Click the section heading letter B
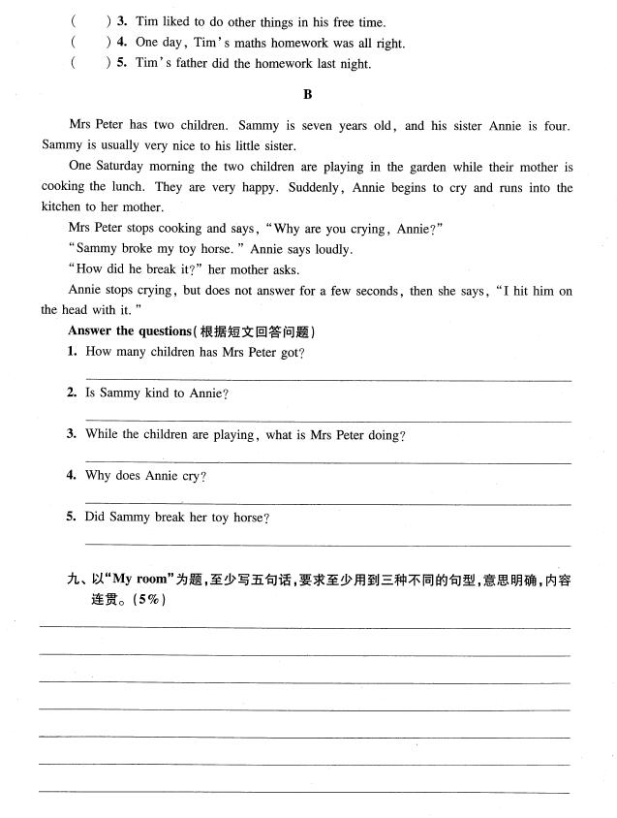tap(308, 94)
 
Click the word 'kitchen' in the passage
tap(64, 207)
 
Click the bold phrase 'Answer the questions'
tap(129, 331)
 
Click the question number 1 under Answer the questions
tap(72, 352)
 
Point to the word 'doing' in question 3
tap(386, 435)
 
